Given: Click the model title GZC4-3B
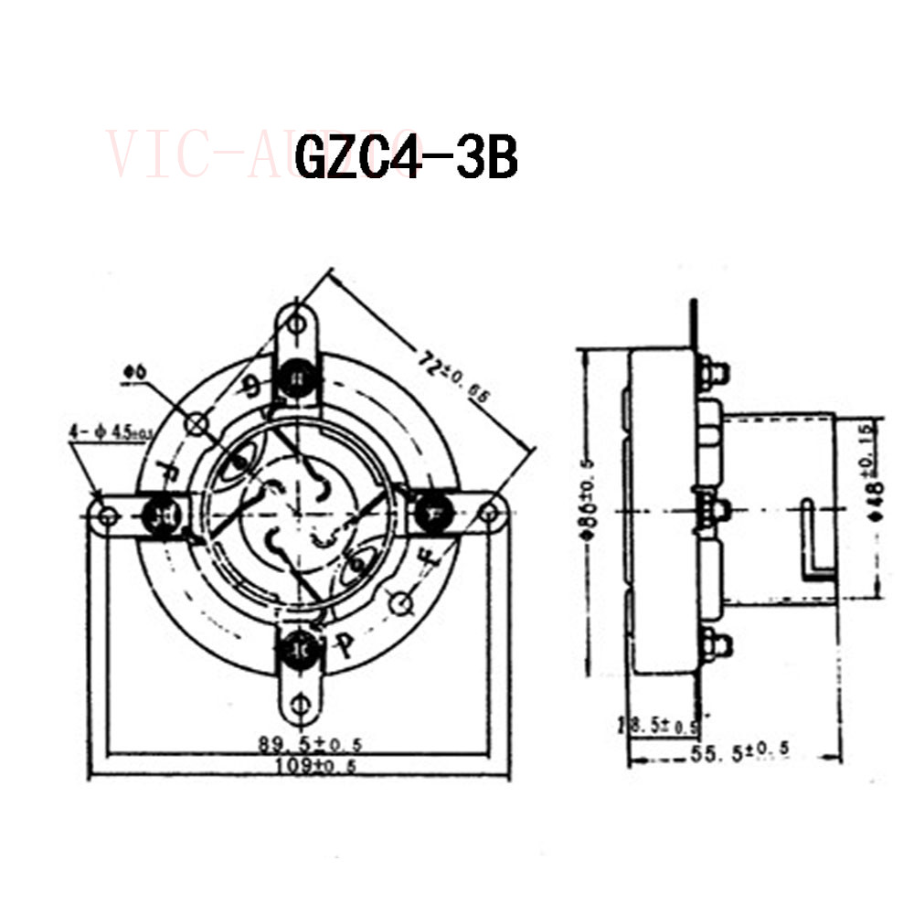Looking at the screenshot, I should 407,158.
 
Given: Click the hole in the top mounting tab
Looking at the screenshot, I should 296,324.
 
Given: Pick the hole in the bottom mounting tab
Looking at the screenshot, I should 299,703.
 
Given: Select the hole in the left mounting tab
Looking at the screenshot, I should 109,515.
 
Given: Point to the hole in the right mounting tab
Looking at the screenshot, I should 489,513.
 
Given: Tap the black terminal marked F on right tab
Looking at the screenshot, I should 430,513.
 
